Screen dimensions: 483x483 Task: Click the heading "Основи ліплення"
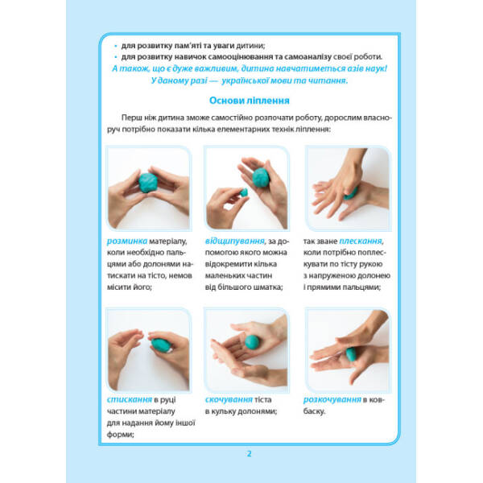click(250, 101)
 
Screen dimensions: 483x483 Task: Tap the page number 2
click(250, 453)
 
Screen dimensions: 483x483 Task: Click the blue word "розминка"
click(127, 241)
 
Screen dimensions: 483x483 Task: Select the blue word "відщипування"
click(235, 241)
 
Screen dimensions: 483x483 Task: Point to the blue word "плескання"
click(361, 241)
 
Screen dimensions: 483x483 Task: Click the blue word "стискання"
click(130, 399)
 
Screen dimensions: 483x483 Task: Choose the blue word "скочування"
click(229, 399)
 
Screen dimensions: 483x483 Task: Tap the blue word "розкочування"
click(332, 399)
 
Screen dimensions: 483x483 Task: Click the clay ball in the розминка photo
click(148, 183)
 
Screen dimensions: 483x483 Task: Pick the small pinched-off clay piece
click(244, 192)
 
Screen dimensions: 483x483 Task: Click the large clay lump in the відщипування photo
click(261, 177)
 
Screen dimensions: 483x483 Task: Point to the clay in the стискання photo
click(161, 345)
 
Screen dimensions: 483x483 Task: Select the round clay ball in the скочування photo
click(252, 342)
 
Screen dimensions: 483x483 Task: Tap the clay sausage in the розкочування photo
click(351, 354)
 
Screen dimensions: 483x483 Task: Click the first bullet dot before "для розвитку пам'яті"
click(116, 46)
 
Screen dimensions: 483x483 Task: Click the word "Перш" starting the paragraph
click(130, 118)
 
